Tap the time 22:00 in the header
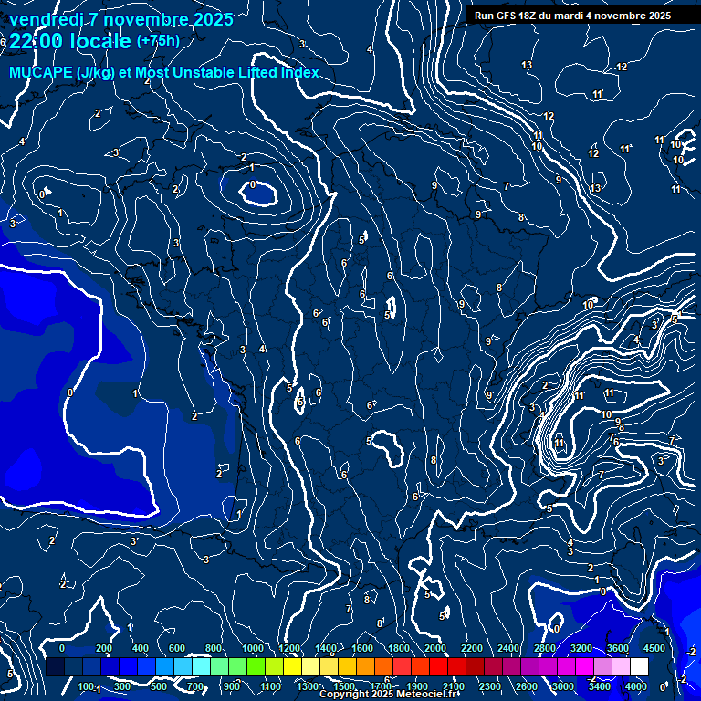click(x=41, y=41)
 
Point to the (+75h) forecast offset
click(x=158, y=41)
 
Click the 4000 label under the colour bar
click(x=636, y=686)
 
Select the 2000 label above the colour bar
click(x=436, y=648)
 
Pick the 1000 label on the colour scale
click(x=253, y=648)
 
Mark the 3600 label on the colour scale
click(x=618, y=648)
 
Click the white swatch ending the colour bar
click(x=639, y=667)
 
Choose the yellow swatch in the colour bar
click(x=310, y=667)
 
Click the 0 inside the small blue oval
click(x=253, y=185)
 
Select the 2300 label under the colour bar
click(x=490, y=686)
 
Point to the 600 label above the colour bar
click(x=178, y=648)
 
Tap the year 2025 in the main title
click(x=214, y=19)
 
